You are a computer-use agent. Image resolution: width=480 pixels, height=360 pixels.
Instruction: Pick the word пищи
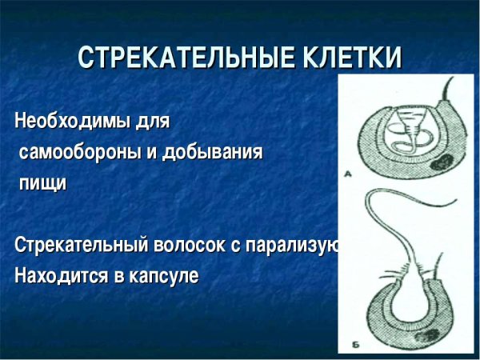point(42,183)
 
